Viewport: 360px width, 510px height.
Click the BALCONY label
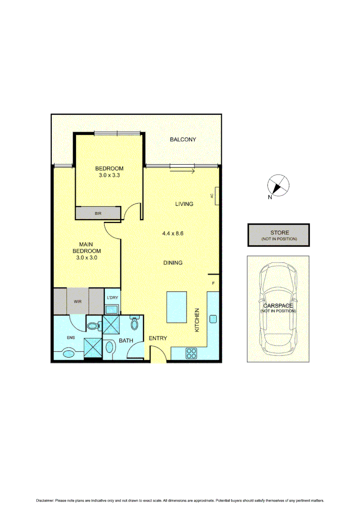click(x=183, y=139)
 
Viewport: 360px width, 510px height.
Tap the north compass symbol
click(x=277, y=186)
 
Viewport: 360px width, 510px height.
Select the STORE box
click(x=278, y=235)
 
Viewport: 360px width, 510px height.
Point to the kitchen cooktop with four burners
click(x=192, y=353)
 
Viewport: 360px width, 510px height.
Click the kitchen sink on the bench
click(x=213, y=319)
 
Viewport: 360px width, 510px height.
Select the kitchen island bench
click(x=177, y=307)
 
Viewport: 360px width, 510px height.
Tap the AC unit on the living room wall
click(x=215, y=195)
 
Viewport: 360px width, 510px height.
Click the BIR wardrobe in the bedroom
click(x=98, y=213)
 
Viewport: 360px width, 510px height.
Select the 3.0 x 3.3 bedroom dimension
click(x=109, y=175)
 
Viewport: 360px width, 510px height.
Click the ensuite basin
click(x=68, y=352)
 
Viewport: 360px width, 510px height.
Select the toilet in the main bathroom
click(x=134, y=323)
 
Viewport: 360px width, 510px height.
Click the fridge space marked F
click(x=213, y=283)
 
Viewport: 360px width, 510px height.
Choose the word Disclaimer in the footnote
click(x=45, y=500)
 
